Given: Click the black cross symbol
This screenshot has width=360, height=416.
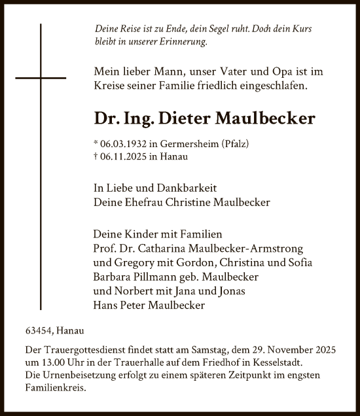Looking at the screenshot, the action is pyautogui.click(x=41, y=78).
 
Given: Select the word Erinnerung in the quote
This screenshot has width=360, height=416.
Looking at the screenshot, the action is pyautogui.click(x=184, y=41).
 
